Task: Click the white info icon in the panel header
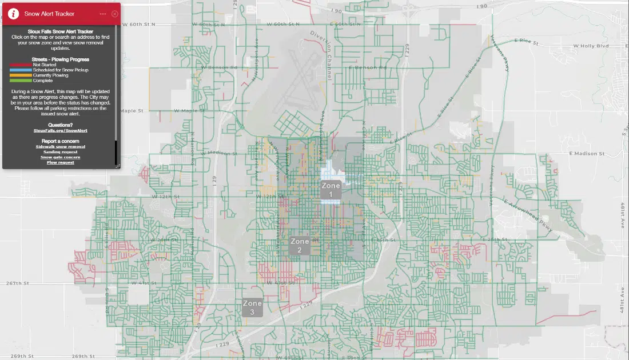pyautogui.click(x=13, y=14)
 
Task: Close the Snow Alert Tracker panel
pyautogui.click(x=115, y=14)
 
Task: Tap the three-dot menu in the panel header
pyautogui.click(x=102, y=14)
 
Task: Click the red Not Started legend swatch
pyautogui.click(x=21, y=65)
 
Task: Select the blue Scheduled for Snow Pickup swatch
pyautogui.click(x=21, y=70)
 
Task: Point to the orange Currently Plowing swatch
pyautogui.click(x=21, y=75)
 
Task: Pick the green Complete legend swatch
pyautogui.click(x=21, y=81)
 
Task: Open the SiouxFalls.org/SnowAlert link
pyautogui.click(x=60, y=131)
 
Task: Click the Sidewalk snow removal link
pyautogui.click(x=60, y=146)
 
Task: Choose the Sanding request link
pyautogui.click(x=60, y=152)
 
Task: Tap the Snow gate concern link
pyautogui.click(x=60, y=157)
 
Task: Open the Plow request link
pyautogui.click(x=60, y=162)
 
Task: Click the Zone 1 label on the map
pyautogui.click(x=331, y=190)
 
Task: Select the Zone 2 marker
pyautogui.click(x=300, y=246)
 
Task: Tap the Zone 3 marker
pyautogui.click(x=252, y=307)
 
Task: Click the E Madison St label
pyautogui.click(x=587, y=154)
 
